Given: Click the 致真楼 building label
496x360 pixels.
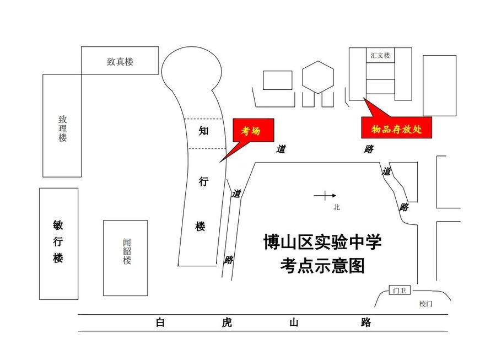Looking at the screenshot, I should click(x=120, y=62).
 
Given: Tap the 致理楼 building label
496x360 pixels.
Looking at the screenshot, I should click(x=63, y=128).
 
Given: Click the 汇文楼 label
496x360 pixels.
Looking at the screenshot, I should click(x=380, y=55).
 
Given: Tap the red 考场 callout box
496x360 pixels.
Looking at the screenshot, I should click(x=250, y=131).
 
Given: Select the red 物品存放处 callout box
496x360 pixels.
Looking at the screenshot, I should click(x=396, y=129).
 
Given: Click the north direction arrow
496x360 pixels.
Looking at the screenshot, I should click(x=325, y=195).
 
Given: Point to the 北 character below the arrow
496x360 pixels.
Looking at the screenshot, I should click(x=337, y=207).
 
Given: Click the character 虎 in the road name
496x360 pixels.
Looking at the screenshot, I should click(x=226, y=323).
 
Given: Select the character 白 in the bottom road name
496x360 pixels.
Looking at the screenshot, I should click(x=160, y=323).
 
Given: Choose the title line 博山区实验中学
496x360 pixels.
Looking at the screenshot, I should click(x=322, y=242).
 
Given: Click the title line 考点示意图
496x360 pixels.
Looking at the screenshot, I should click(x=322, y=266).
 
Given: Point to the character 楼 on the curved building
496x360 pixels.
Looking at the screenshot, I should click(x=201, y=226).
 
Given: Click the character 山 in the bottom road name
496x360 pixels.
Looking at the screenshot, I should click(x=294, y=323).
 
